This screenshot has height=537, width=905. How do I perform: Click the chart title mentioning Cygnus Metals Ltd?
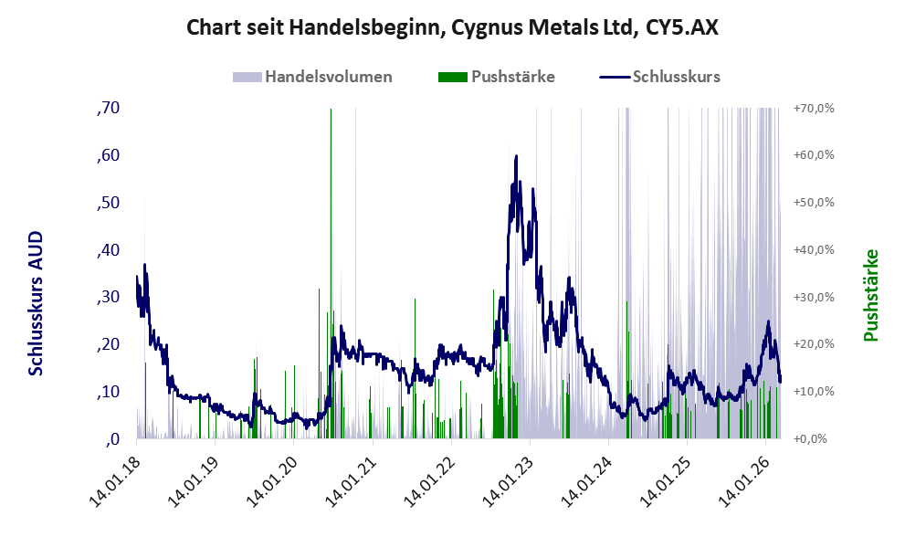point(452,27)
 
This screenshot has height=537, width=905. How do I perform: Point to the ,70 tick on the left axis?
point(108,108)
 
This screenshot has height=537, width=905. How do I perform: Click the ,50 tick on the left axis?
point(108,203)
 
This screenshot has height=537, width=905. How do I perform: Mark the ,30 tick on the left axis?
point(108,297)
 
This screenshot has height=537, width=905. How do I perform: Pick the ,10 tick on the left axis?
point(108,392)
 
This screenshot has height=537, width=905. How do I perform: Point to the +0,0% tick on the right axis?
point(813,439)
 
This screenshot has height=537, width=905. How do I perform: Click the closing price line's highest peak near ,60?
point(517,156)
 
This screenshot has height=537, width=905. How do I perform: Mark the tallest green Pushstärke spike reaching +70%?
point(331,114)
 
